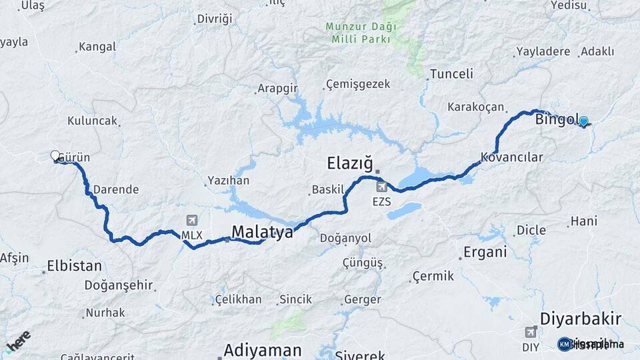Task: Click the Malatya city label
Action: coord(262,232)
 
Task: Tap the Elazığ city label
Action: coord(349,163)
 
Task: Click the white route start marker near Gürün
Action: coord(55,155)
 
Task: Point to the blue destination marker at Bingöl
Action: coord(584,121)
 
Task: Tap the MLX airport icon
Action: coord(192,221)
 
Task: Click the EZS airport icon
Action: coord(381,186)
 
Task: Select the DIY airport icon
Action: coord(531,331)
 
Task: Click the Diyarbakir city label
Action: coord(581,318)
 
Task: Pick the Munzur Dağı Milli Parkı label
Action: coord(361,33)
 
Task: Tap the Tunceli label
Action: coord(451,74)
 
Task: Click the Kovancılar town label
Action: coord(512,158)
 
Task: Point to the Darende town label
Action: coord(115,189)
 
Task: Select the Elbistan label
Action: coord(74,266)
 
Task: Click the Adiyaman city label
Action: coord(263,350)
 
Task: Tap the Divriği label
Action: coord(215,19)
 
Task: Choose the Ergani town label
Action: coord(485,252)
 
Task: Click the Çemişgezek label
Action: coord(357,85)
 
